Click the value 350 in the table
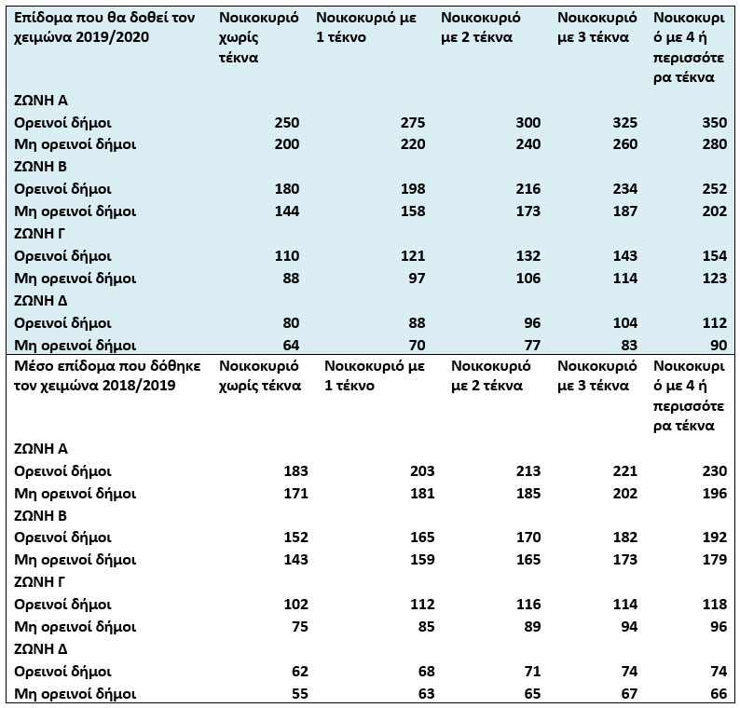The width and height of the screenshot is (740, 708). click(713, 122)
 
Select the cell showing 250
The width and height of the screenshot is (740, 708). click(287, 122)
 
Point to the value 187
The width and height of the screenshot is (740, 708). click(625, 211)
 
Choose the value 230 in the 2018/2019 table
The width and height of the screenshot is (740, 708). click(713, 470)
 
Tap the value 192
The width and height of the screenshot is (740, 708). click(713, 538)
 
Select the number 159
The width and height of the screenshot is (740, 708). click(422, 560)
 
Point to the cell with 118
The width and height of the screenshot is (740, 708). click(713, 605)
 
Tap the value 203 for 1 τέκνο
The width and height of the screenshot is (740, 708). click(422, 470)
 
